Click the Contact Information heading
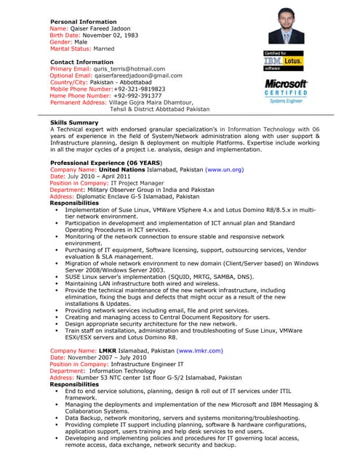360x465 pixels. (81, 62)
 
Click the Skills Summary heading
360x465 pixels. (74, 123)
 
